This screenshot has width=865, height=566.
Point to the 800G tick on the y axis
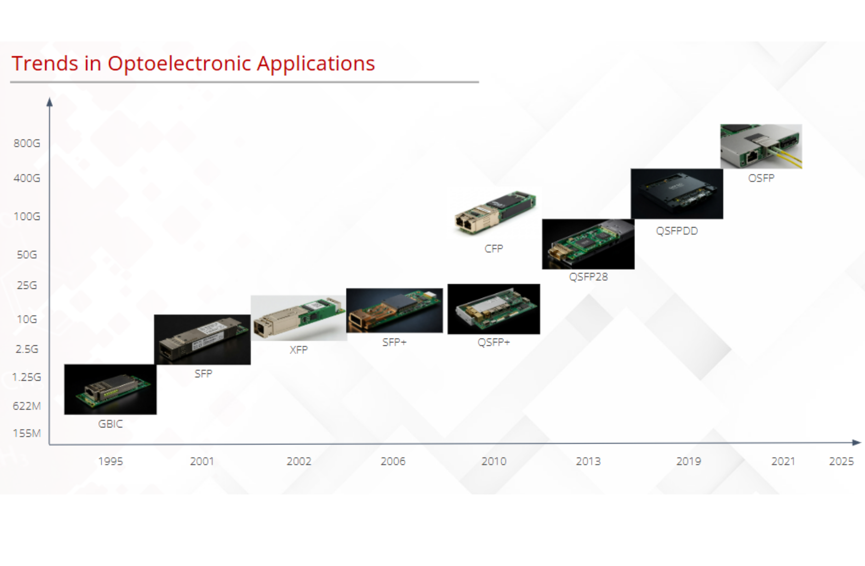pos(27,143)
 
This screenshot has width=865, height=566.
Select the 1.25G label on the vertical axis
pos(27,377)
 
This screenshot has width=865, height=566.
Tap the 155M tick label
pos(27,433)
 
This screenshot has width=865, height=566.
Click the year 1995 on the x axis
pos(110,461)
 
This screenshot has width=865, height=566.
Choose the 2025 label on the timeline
pos(841,461)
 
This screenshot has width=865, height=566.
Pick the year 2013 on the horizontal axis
pos(588,461)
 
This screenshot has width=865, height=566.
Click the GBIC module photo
pos(110,389)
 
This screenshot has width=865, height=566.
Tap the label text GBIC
pos(110,424)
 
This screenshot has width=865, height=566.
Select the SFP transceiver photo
pos(202,340)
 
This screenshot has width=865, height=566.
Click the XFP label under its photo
pos(299,350)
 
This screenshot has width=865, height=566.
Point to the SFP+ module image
pos(395,310)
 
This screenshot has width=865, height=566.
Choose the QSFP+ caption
pos(493,342)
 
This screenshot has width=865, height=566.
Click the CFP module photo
pos(495,212)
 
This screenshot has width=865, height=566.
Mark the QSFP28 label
pos(588,277)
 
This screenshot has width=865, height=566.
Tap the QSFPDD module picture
pos(677,194)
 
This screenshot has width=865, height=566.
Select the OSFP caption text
pos(761,178)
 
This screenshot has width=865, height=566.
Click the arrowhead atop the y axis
pos(50,102)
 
